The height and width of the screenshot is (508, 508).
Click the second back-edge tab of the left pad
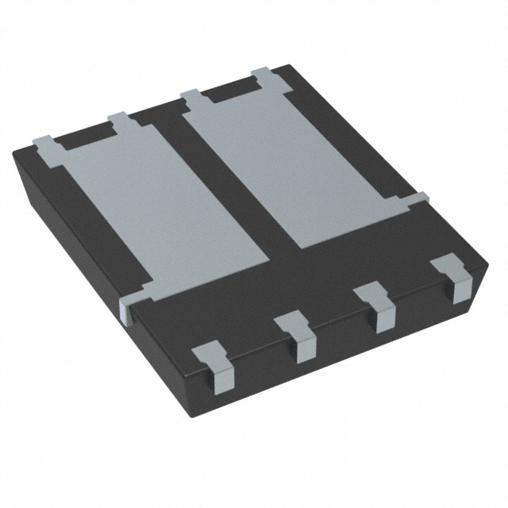[118, 120]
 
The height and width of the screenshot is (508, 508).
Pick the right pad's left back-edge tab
[192, 98]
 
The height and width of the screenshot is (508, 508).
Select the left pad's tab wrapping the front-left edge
[129, 305]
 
